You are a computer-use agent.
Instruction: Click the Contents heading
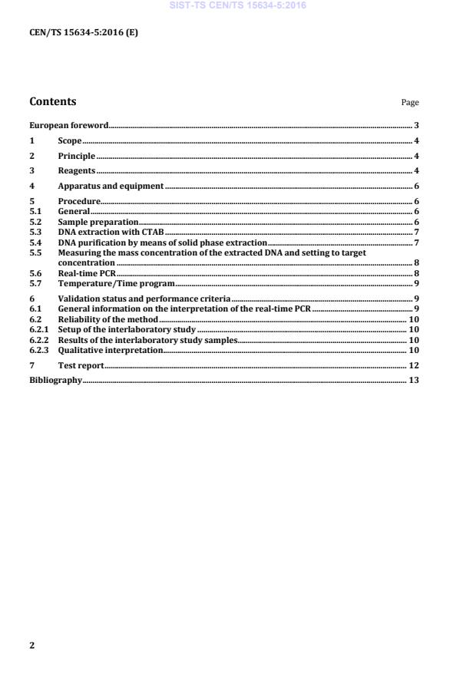pos(52,101)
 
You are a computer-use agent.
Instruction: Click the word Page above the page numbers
pos(410,103)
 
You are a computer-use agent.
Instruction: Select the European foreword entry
pos(68,125)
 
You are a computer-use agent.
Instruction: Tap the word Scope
pos(70,140)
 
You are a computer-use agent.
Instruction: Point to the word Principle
pos(77,156)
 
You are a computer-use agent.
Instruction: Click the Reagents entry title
pos(76,170)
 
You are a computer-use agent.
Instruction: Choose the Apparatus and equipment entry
pos(111,186)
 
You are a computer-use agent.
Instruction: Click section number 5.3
pos(35,231)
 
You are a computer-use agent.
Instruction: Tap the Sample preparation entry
pos(98,221)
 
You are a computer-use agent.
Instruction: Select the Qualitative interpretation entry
pos(110,350)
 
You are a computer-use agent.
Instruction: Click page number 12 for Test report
pos(413,365)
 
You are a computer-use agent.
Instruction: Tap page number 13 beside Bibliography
pos(413,380)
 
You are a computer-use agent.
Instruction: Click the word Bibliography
pos(55,380)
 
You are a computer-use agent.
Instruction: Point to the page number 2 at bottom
pos(32,645)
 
